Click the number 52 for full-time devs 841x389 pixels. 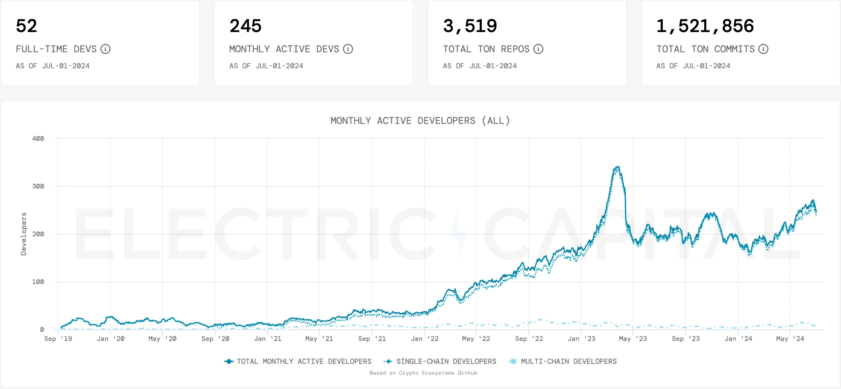[27, 26]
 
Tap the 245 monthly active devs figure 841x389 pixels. [246, 26]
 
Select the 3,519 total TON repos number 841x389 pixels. [470, 26]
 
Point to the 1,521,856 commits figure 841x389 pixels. [705, 26]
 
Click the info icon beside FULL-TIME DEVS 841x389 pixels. [106, 49]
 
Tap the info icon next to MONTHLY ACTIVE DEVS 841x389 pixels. [348, 49]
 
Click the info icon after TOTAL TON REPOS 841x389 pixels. [538, 49]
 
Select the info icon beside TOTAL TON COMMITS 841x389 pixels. [763, 49]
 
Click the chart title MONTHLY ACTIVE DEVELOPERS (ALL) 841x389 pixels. [420, 121]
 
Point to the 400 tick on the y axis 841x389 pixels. [38, 138]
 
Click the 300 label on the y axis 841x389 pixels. [38, 186]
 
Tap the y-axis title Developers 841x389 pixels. [24, 234]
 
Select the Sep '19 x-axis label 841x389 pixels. [58, 338]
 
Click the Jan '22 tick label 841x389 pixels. [425, 338]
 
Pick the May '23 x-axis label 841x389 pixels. [633, 338]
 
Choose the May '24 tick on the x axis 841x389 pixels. [790, 338]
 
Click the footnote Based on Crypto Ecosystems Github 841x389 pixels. [423, 373]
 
